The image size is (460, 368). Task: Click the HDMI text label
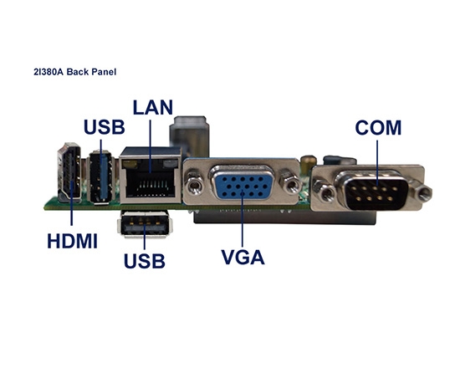[x=71, y=242]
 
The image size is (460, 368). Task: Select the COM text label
[x=378, y=128]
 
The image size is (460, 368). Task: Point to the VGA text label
[x=243, y=256]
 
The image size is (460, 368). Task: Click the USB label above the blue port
[x=104, y=128]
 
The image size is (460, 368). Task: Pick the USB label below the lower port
[x=144, y=260]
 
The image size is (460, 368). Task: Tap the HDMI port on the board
[x=69, y=176]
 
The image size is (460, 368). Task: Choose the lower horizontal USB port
[x=146, y=225]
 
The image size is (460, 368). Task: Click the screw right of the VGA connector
[x=290, y=181]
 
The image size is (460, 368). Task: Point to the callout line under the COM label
[x=376, y=163]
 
